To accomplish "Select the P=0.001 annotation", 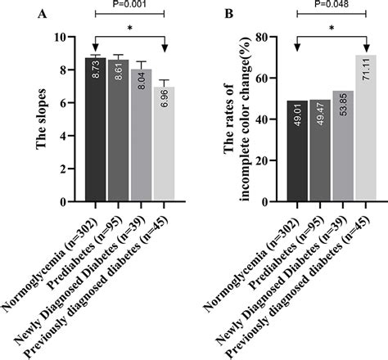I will [129, 5].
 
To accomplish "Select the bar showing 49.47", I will [319, 151].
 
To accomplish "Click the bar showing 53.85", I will [343, 147].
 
